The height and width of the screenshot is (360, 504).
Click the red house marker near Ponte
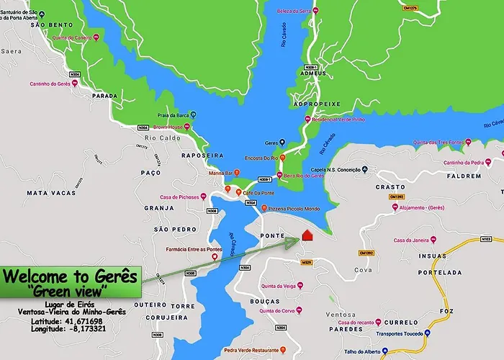coord(307,235)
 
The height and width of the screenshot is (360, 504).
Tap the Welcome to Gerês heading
coord(69,276)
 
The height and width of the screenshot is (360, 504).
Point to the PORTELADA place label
coord(440,273)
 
